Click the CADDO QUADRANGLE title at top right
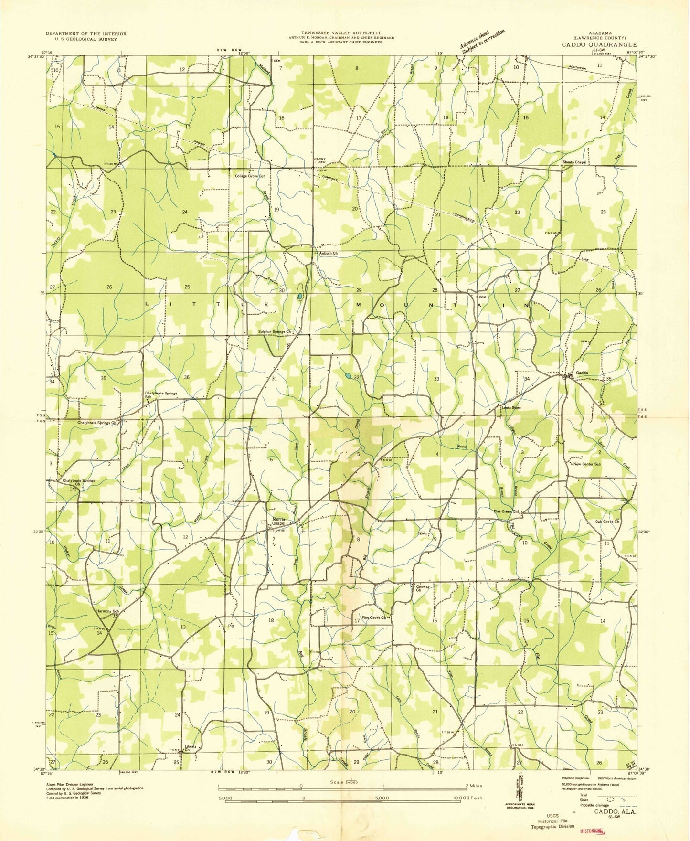tap(599, 44)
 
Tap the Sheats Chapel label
tap(574, 162)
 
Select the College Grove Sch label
tap(250, 176)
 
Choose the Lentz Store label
tap(510, 408)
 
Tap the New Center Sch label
tap(587, 464)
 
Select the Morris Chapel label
tap(278, 522)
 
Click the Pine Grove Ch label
tap(373, 617)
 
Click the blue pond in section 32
tap(349, 376)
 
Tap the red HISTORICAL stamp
tap(591, 830)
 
